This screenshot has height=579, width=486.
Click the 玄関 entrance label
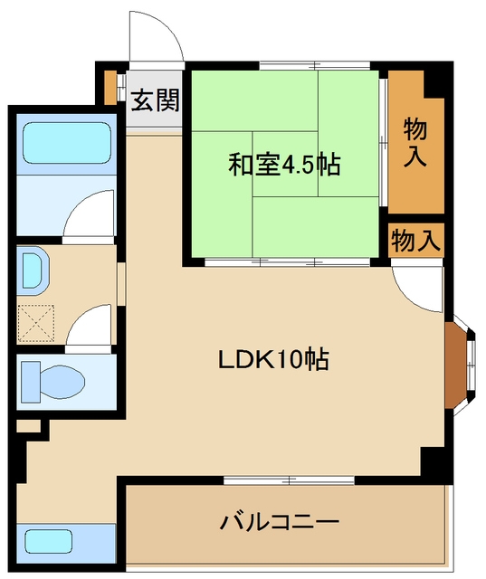(155, 100)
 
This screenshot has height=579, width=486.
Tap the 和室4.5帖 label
(283, 165)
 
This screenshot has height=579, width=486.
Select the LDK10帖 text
(272, 359)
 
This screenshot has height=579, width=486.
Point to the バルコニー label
(279, 522)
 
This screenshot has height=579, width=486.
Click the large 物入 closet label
(415, 141)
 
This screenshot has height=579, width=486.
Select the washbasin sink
(33, 269)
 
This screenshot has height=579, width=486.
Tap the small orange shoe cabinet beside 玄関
(110, 85)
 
